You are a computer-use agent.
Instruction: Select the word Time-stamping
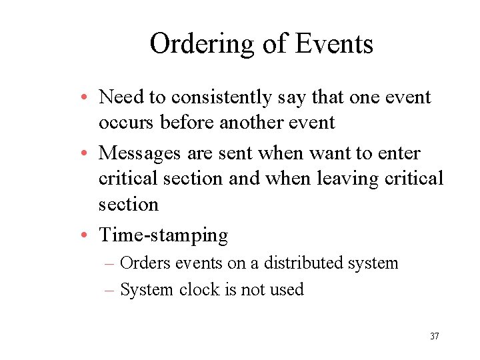click(x=163, y=235)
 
